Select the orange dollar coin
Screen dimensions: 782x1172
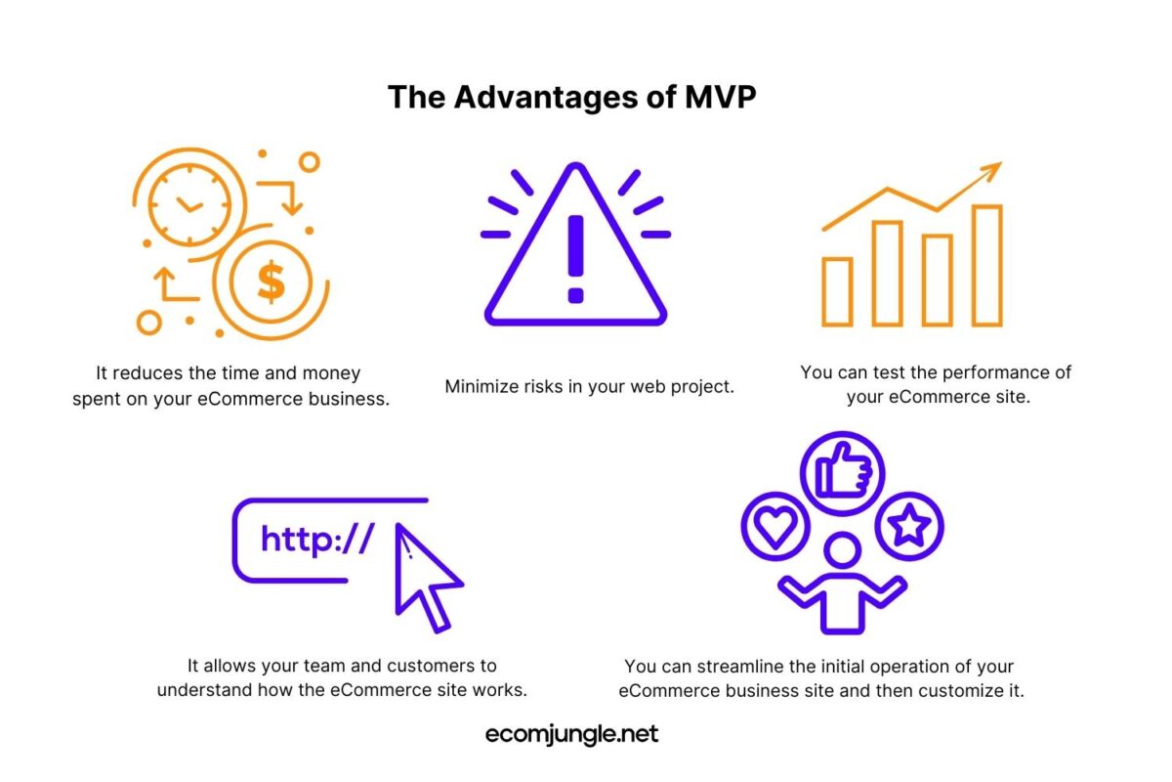(x=271, y=282)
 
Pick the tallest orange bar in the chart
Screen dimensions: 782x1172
(x=986, y=265)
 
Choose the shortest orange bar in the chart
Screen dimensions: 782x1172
(x=837, y=291)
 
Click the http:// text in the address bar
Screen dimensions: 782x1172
(x=317, y=540)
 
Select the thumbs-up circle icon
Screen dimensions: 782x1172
(x=841, y=474)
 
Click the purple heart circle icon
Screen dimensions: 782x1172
(x=774, y=528)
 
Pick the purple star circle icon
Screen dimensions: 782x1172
(x=909, y=527)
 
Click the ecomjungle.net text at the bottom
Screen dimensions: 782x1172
(x=572, y=734)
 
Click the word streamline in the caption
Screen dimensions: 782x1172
(x=752, y=667)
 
